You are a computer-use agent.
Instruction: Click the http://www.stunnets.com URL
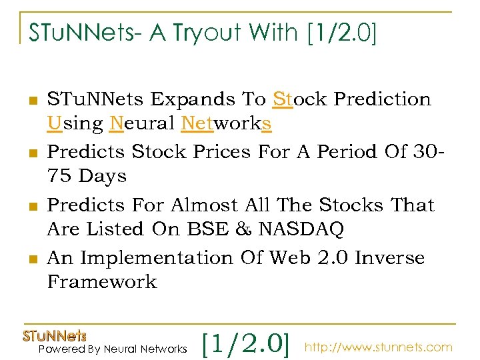379,347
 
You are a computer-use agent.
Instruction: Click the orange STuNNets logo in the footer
55,335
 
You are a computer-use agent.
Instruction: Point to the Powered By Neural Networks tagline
113,349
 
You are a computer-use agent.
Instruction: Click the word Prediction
383,99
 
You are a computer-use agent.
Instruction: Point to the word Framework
102,282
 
